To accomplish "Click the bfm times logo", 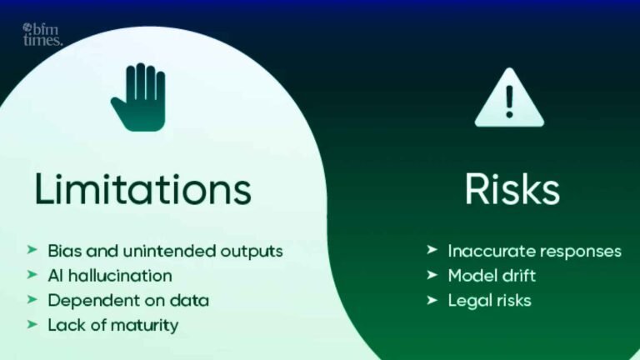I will [x=42, y=33].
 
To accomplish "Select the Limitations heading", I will [x=142, y=189].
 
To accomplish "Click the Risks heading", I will [x=512, y=189].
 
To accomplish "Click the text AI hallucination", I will [x=110, y=275].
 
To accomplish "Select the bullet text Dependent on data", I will [x=128, y=300].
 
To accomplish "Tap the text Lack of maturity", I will [x=112, y=325].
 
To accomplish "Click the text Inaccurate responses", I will [x=534, y=251].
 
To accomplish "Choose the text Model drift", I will [x=491, y=275].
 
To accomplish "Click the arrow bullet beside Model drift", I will [x=432, y=275].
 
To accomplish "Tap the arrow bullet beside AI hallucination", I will [x=32, y=275].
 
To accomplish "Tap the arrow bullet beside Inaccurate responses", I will [x=432, y=251].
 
